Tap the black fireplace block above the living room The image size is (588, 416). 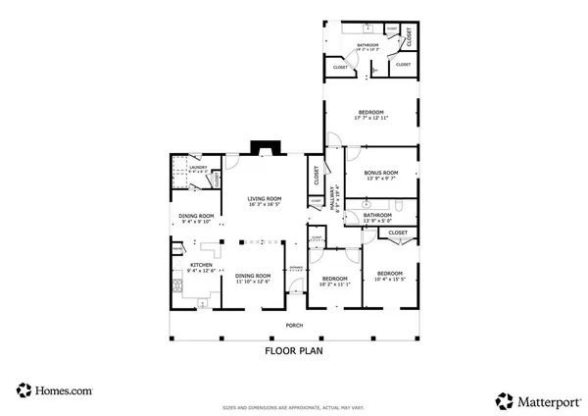click(265, 149)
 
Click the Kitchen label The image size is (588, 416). click(201, 266)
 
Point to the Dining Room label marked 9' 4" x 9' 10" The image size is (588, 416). click(196, 217)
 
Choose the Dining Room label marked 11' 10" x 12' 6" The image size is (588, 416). click(253, 278)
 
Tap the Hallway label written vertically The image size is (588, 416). click(334, 200)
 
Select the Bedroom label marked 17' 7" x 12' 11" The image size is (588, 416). click(370, 114)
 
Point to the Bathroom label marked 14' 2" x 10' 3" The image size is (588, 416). click(367, 46)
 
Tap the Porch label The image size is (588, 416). click(294, 326)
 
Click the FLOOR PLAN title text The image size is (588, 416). click(294, 349)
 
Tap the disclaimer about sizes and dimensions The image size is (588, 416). click(294, 405)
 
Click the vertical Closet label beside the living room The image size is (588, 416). click(317, 177)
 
